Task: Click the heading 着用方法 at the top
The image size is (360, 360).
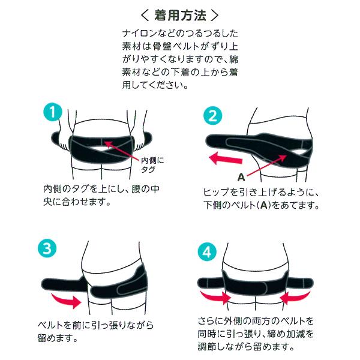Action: pyautogui.click(x=179, y=14)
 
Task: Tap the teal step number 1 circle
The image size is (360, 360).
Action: pyautogui.click(x=53, y=112)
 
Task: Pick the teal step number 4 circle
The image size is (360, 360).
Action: pyautogui.click(x=208, y=250)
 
